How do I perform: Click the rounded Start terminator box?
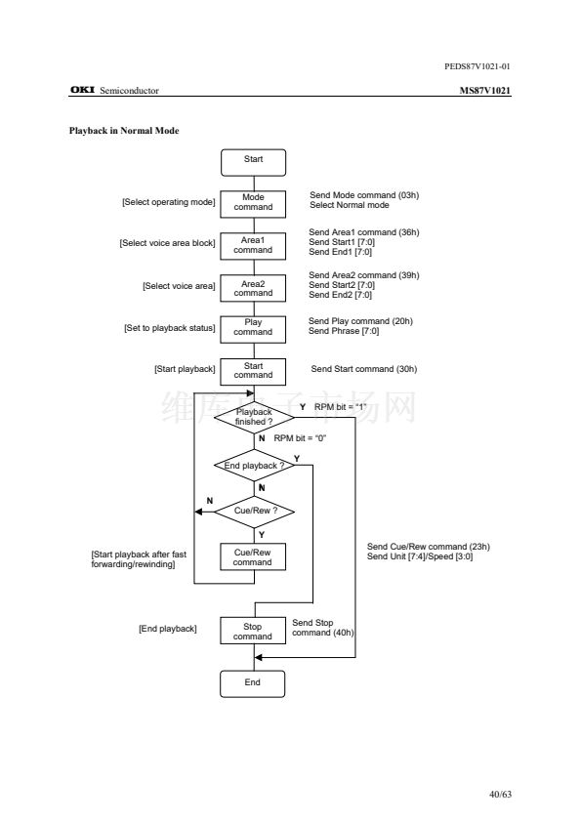tap(253, 162)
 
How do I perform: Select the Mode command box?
tap(253, 204)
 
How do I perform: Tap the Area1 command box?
tap(253, 246)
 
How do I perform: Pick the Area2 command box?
tap(253, 288)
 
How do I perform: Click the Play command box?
tap(253, 329)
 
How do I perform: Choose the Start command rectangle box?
tap(253, 372)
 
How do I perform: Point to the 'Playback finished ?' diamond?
tap(254, 417)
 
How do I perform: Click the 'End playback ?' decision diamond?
tap(254, 465)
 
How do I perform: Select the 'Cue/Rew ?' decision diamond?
tap(254, 512)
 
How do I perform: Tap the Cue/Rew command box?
tap(253, 556)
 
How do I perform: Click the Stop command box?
tap(253, 631)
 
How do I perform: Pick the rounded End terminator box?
tap(253, 683)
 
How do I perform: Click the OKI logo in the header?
tap(82, 90)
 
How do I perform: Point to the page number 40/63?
tap(500, 794)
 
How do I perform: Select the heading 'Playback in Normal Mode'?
tap(124, 131)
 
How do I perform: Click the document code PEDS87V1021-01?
tap(477, 66)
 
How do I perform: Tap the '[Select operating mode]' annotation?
tap(169, 202)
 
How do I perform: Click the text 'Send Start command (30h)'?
tap(364, 369)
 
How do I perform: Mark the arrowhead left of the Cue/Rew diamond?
tap(198, 512)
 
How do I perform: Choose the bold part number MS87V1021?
tap(485, 90)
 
